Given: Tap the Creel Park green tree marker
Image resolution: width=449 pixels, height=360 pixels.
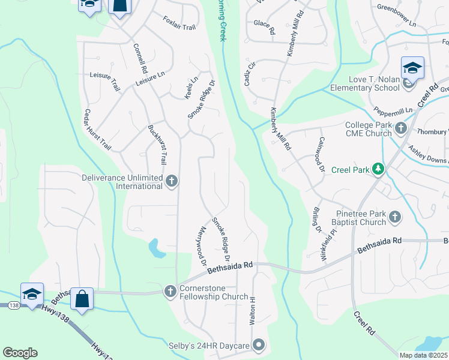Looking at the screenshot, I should click(378, 170).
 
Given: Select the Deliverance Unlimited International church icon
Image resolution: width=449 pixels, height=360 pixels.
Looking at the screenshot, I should click(171, 181).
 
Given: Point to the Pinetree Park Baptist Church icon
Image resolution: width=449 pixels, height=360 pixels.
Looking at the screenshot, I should click(394, 217).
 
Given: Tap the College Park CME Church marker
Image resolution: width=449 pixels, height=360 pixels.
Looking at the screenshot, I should click(400, 129).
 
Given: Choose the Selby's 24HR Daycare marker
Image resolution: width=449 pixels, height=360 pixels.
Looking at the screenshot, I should click(259, 346).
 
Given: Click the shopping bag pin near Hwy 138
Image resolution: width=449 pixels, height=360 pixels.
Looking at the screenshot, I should click(83, 297).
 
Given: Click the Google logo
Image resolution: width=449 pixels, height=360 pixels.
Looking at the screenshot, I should click(20, 353).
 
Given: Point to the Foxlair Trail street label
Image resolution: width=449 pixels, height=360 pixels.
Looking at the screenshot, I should click(179, 23).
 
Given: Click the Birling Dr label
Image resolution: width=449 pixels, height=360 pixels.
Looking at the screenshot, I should click(316, 220).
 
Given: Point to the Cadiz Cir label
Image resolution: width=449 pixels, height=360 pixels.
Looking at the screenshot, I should click(250, 73).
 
